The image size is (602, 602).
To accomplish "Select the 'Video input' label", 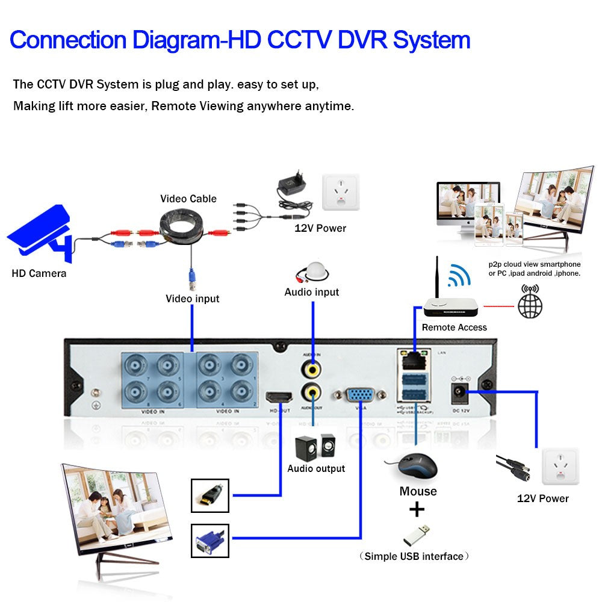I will [193, 299].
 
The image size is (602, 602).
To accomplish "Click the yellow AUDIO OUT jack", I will [312, 391].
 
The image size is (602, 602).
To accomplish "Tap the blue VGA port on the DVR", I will [360, 396].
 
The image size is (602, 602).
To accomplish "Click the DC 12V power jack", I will [461, 393].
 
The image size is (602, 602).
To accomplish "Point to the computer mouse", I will [412, 467].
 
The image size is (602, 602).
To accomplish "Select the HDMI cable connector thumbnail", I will [210, 495].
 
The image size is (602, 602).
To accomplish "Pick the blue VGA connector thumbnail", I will [210, 541].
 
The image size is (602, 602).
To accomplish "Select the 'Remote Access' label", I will [454, 327].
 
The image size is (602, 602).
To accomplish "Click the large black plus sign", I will [417, 510].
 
